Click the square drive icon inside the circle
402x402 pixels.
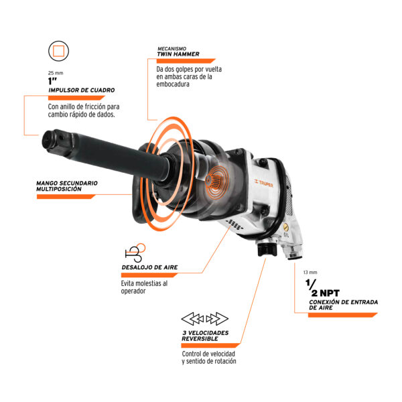58,51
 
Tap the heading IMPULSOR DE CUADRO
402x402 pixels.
82,90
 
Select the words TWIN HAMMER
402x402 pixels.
178,54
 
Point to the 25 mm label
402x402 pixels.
56,73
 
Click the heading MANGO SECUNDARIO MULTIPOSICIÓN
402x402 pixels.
67,186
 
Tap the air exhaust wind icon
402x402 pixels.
135,253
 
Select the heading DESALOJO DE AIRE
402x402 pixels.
149,267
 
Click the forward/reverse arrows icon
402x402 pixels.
204,319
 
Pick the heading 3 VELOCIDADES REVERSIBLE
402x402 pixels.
205,336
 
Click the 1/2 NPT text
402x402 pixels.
322,288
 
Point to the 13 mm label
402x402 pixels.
310,272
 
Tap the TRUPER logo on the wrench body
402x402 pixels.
263,183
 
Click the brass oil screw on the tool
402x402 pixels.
285,227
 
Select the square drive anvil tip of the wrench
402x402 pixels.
55,141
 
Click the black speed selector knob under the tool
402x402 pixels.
267,249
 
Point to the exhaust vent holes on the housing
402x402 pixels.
234,224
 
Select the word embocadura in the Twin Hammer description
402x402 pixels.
173,84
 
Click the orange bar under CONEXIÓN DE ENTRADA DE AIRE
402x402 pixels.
343,315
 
